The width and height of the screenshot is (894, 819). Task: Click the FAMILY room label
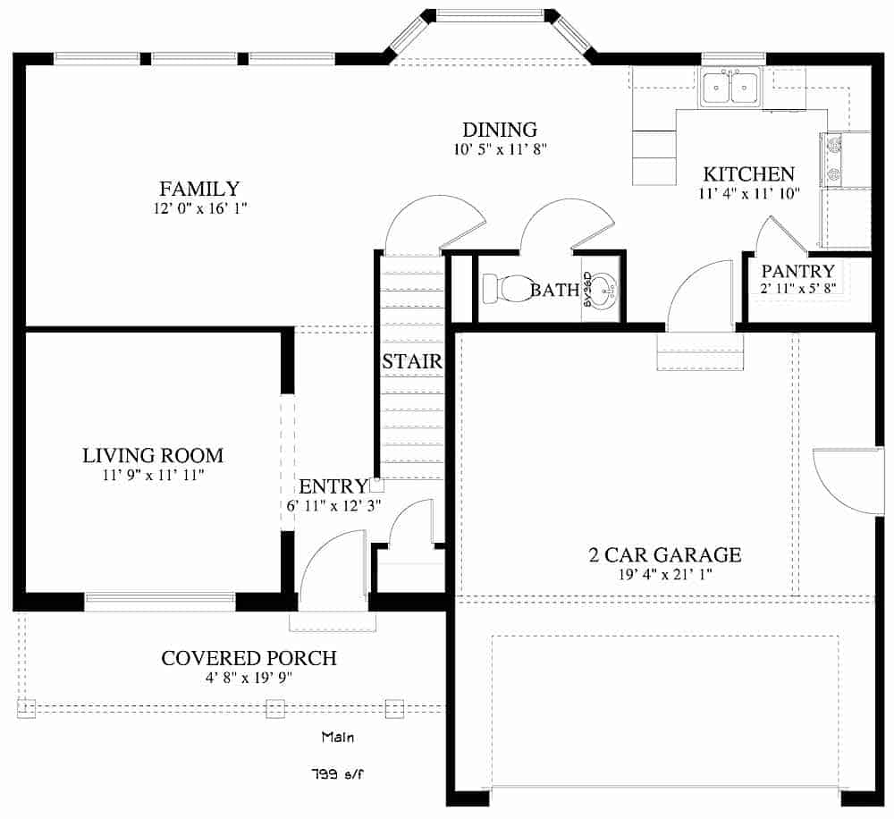pyautogui.click(x=199, y=189)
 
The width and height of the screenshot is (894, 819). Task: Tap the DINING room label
pyautogui.click(x=499, y=131)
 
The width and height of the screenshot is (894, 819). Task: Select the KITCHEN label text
pyautogui.click(x=748, y=174)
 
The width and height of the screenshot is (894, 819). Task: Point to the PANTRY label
pyautogui.click(x=797, y=271)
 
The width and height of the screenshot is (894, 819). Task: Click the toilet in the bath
pyautogui.click(x=506, y=289)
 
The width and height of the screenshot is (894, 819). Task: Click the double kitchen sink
pyautogui.click(x=730, y=88)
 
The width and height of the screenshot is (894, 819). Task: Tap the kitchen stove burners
pyautogui.click(x=832, y=160)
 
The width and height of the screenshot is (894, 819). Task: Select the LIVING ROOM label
pyautogui.click(x=153, y=455)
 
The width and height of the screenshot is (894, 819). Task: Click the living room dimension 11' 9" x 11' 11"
pyautogui.click(x=153, y=476)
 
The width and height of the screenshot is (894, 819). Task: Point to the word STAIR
pyautogui.click(x=412, y=362)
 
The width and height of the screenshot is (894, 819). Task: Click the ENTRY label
pyautogui.click(x=333, y=486)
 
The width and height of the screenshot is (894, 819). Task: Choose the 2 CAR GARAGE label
pyautogui.click(x=664, y=555)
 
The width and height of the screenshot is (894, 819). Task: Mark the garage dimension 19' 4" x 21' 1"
pyautogui.click(x=664, y=575)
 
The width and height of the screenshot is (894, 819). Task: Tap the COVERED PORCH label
pyautogui.click(x=249, y=658)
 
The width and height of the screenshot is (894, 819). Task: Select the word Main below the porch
pyautogui.click(x=338, y=738)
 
